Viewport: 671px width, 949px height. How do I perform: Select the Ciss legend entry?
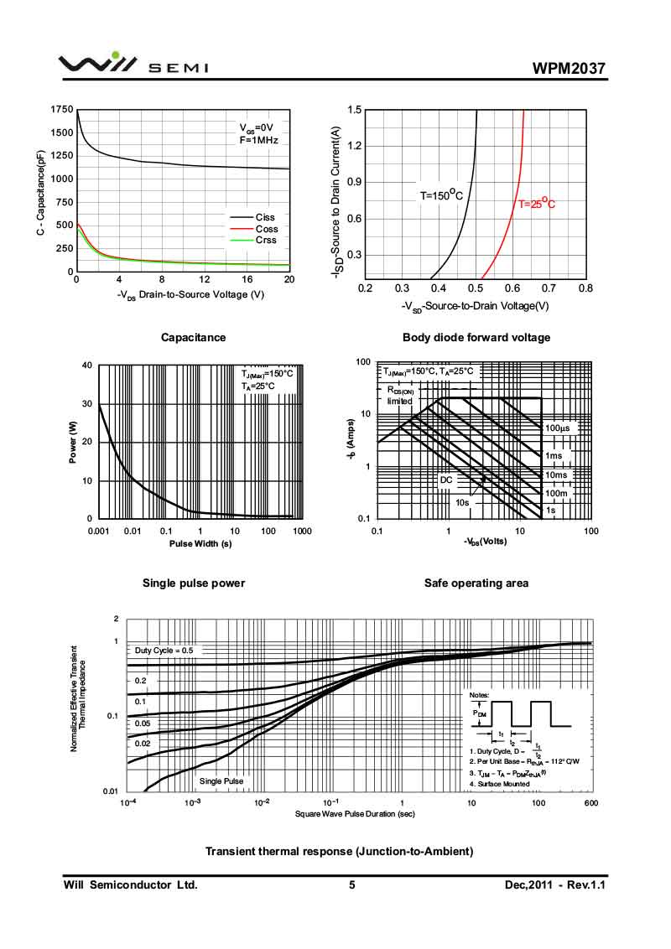[x=265, y=218]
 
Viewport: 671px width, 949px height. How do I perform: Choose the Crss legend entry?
[x=266, y=240]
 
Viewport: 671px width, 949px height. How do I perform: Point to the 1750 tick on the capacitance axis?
[x=61, y=110]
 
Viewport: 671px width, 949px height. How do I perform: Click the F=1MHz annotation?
[x=258, y=140]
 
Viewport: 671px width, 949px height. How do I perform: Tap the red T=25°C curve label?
[x=536, y=203]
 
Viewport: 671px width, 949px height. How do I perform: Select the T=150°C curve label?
[x=441, y=195]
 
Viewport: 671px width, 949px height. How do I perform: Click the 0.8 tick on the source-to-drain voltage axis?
[x=585, y=288]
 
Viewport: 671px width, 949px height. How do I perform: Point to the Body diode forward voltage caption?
[x=476, y=337]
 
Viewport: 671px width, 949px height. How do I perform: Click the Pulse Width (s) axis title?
[x=201, y=543]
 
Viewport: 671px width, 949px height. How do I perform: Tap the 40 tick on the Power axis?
[x=87, y=366]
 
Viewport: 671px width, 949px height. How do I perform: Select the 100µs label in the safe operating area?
[x=558, y=428]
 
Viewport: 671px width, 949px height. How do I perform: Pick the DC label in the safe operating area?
[x=446, y=480]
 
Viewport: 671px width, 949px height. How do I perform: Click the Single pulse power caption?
[x=194, y=583]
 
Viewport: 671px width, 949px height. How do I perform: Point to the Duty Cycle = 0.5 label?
[x=164, y=651]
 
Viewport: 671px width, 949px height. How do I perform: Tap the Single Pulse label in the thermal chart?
[x=221, y=781]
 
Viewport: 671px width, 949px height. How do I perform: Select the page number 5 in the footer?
[x=352, y=884]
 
